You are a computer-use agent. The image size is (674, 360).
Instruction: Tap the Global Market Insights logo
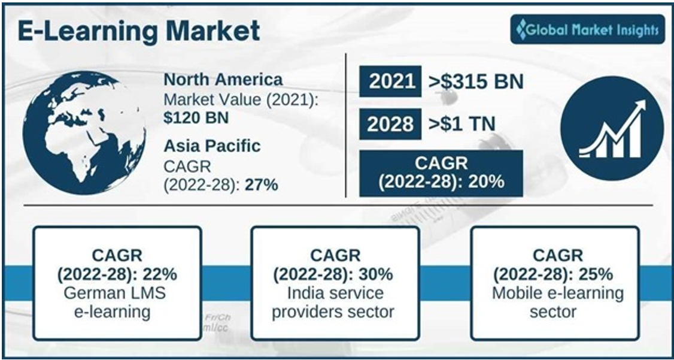coord(588,29)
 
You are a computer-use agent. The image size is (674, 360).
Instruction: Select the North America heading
coord(223,80)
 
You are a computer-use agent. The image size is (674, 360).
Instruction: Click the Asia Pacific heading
coord(212,146)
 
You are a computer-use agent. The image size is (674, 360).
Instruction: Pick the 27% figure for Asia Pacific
coord(262,185)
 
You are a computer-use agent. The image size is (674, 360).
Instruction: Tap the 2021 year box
coord(390,81)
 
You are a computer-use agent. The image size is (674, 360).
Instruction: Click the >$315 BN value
coord(476,81)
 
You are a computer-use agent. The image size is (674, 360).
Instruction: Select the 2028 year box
coord(390,125)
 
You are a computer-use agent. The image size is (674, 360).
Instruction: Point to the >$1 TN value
coord(462,125)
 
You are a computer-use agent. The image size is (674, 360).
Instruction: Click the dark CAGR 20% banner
coord(441,173)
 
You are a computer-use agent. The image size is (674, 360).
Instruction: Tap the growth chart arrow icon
coord(612,128)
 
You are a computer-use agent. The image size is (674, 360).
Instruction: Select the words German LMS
coord(114,294)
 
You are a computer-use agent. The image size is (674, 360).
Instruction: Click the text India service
coord(335,294)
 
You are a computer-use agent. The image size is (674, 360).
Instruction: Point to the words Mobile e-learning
coord(557,294)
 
